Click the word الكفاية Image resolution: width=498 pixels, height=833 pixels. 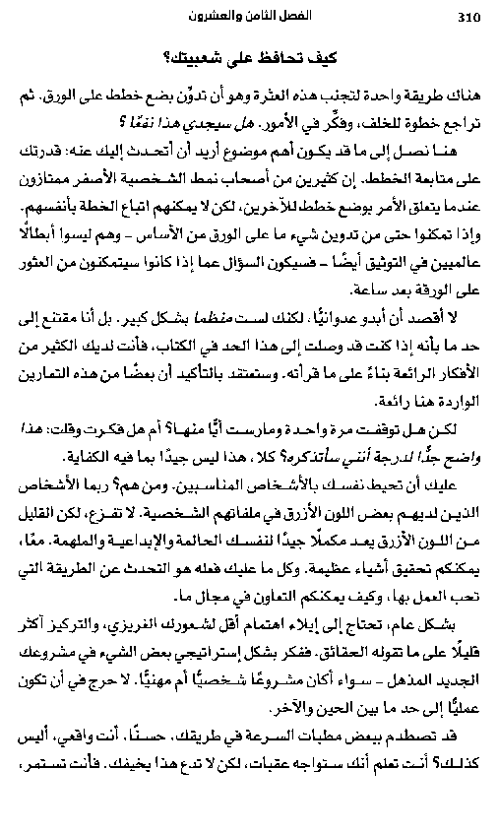coord(88,460)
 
